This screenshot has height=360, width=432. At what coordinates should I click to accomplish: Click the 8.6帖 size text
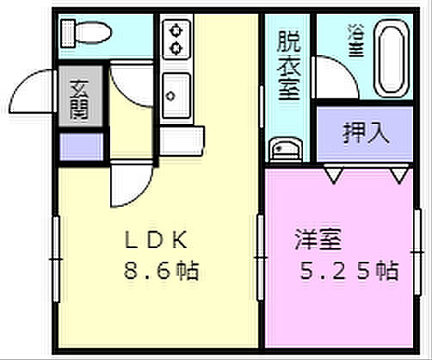coord(161,272)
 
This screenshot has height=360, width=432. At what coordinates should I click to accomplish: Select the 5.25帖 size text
coord(349,272)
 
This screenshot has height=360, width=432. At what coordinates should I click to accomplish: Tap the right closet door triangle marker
coord(398,176)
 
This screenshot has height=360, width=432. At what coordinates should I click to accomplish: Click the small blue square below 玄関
coord(80,146)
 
